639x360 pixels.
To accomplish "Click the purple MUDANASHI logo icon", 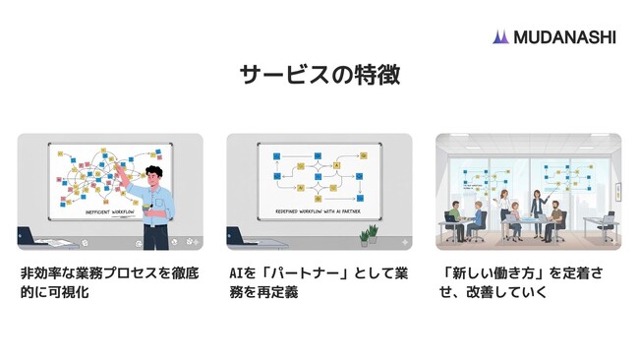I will [x=500, y=36].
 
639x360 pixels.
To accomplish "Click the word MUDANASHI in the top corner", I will [x=562, y=36].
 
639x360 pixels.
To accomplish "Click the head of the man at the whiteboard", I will [x=152, y=178].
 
